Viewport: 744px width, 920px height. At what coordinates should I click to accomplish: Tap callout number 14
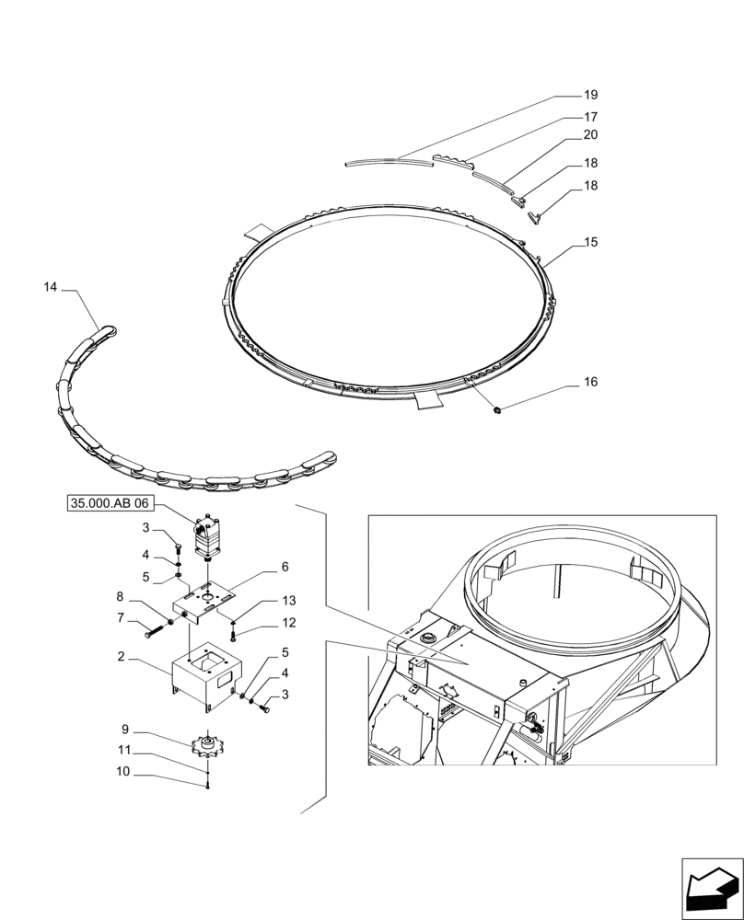coord(50,288)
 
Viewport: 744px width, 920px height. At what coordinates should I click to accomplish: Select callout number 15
coord(591,242)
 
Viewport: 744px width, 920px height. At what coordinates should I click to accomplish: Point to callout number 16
coord(591,381)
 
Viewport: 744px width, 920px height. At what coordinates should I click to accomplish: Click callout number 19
coord(591,95)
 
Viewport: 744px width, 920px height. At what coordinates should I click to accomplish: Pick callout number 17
coord(591,117)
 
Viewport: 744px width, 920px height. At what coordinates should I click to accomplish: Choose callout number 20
coord(591,134)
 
